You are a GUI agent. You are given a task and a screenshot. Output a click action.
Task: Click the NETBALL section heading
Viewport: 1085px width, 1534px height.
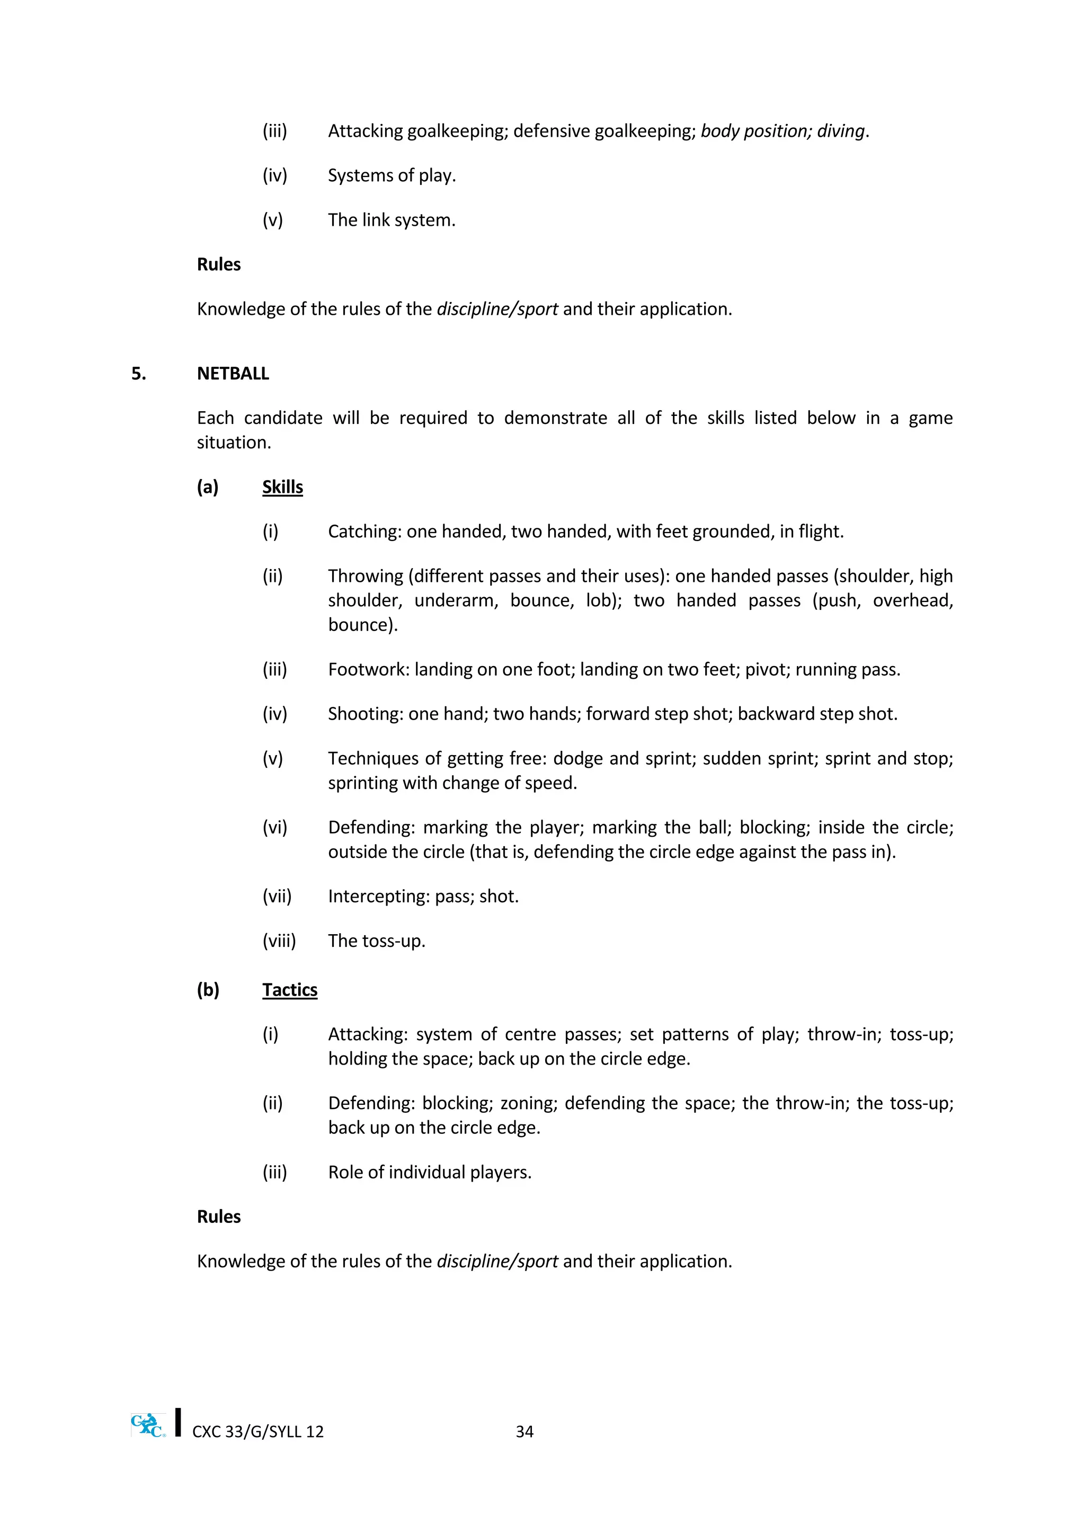click(233, 374)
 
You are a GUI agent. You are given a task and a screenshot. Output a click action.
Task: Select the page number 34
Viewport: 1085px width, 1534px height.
click(524, 1431)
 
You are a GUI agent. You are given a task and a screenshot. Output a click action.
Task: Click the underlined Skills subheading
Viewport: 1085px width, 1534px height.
click(282, 487)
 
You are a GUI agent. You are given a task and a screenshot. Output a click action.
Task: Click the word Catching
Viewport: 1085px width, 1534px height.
click(364, 532)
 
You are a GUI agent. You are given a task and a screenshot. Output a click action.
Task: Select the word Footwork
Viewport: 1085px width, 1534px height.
click(368, 669)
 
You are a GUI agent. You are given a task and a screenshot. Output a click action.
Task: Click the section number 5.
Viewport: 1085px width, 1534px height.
click(138, 374)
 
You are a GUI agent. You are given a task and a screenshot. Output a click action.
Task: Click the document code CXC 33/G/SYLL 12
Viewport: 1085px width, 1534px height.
click(258, 1432)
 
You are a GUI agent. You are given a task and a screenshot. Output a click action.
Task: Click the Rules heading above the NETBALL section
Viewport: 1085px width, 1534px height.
click(218, 264)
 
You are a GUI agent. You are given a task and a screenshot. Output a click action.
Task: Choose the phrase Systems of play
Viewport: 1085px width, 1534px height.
click(392, 176)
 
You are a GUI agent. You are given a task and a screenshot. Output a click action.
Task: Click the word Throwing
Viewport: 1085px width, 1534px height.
click(366, 576)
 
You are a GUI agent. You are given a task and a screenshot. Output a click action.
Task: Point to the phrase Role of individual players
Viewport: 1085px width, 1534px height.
click(430, 1173)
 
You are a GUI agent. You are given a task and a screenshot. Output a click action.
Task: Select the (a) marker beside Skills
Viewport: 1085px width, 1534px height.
click(208, 487)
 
